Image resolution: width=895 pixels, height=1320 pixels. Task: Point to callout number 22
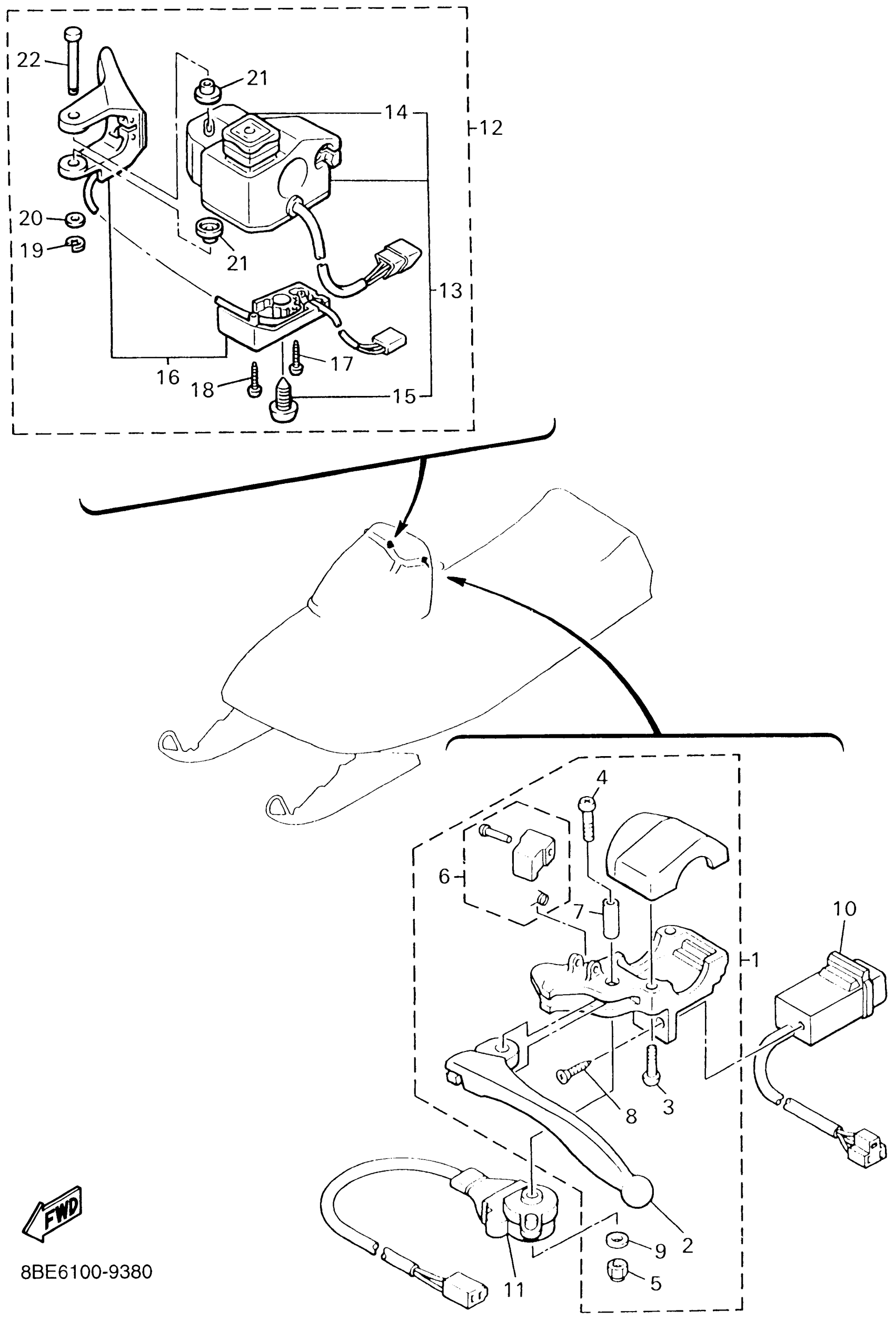click(x=28, y=59)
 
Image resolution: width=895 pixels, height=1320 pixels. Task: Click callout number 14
click(x=396, y=112)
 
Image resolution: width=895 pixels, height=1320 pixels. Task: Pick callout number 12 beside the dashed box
click(x=491, y=128)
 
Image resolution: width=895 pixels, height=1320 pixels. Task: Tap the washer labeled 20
click(x=74, y=219)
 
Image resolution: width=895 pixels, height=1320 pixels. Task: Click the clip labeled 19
click(x=75, y=244)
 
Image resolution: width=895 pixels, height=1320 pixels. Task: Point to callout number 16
click(x=168, y=376)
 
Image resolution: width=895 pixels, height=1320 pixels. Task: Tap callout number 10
click(x=844, y=908)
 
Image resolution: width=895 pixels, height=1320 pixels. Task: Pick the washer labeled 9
click(x=618, y=1240)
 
